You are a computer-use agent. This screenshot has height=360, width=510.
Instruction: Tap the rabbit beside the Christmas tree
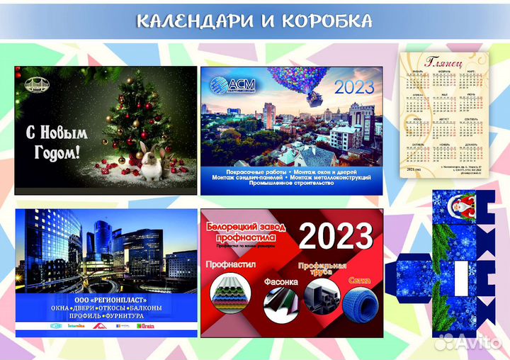pyautogui.click(x=151, y=162)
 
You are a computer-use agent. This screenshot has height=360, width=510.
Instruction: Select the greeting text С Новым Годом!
pyautogui.click(x=54, y=142)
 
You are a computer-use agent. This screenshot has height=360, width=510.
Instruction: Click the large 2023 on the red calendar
pyautogui.click(x=335, y=236)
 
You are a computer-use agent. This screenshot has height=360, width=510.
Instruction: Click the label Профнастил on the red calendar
pyautogui.click(x=229, y=264)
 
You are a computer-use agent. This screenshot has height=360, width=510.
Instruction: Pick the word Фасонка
pyautogui.click(x=281, y=281)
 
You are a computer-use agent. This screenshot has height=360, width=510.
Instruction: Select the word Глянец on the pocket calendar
pyautogui.click(x=446, y=63)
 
